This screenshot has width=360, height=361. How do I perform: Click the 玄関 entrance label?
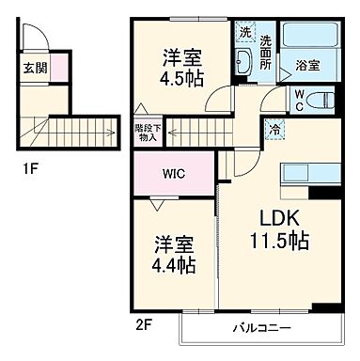point(33,67)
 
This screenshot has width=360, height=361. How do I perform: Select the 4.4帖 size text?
point(176,266)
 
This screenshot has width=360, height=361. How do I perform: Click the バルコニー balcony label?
point(262,329)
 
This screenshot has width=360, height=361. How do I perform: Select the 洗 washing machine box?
point(245,33)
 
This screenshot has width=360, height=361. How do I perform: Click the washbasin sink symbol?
point(243,63)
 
